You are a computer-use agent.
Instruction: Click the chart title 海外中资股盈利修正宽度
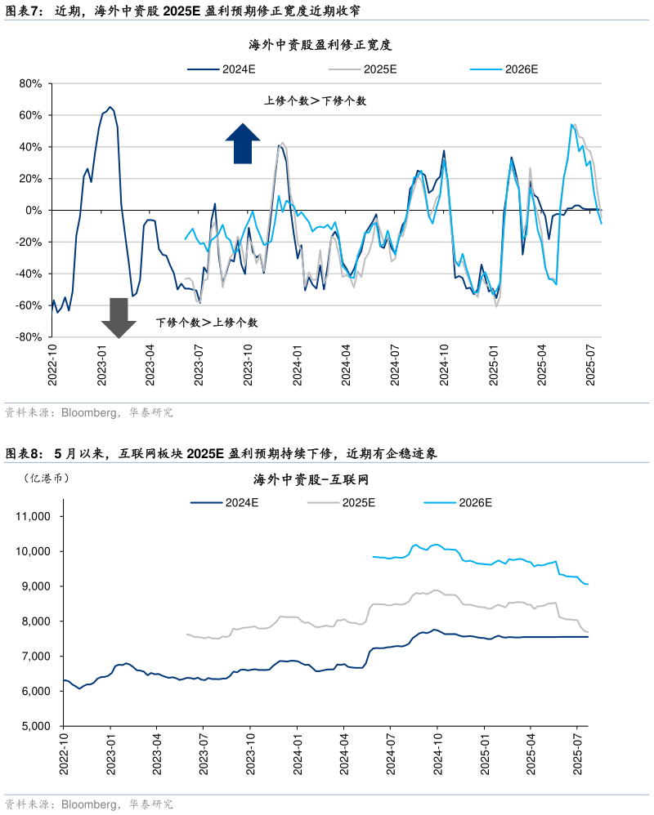point(326,45)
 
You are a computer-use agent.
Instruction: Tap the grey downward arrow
point(119,318)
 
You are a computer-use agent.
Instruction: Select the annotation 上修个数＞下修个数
point(315,100)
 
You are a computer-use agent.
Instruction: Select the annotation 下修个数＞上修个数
point(207,323)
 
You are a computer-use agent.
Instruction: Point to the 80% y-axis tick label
point(30,84)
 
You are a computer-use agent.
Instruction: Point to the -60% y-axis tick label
point(29,305)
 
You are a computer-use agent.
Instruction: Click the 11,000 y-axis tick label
point(34,517)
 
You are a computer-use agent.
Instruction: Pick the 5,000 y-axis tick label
point(36,726)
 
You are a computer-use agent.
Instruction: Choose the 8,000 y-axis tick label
point(36,621)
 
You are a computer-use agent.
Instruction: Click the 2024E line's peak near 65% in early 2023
point(110,107)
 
